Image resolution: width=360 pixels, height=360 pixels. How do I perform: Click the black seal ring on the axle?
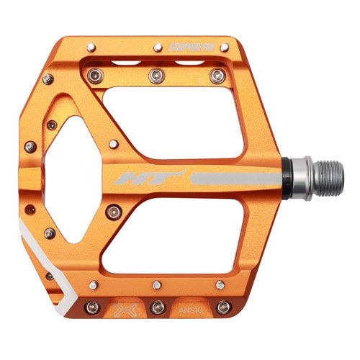pos(288,176)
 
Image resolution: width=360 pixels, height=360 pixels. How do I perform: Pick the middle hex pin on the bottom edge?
pos(157,307)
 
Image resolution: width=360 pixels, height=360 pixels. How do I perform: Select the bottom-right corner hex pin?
pos(223,307)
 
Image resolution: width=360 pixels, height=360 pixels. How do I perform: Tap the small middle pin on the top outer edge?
pos(157,49)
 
